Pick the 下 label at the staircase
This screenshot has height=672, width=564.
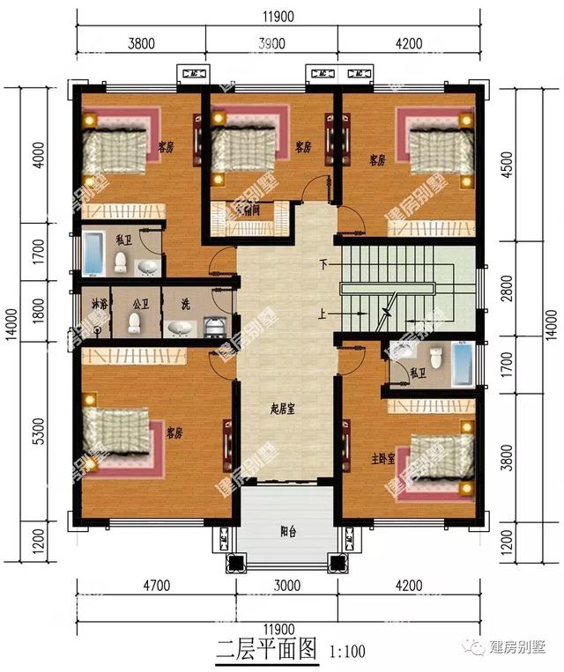[324, 264]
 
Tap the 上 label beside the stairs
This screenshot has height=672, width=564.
[324, 312]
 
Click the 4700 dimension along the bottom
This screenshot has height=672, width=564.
[156, 585]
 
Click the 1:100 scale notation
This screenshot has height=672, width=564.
[349, 653]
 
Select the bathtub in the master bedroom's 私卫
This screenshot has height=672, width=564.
[464, 365]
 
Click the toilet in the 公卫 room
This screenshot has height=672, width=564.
[134, 323]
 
